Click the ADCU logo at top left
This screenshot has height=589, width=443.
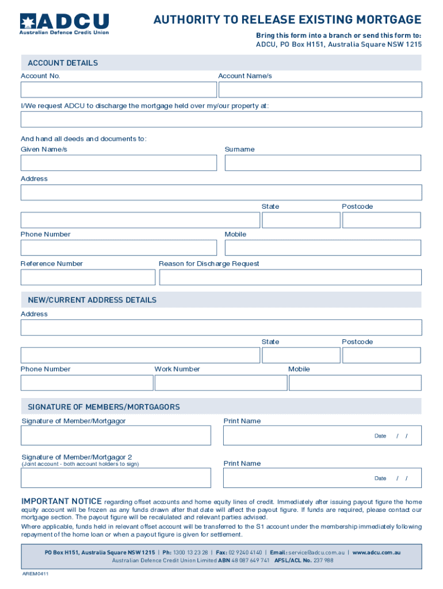[64, 23]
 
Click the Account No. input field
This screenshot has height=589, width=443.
[119, 90]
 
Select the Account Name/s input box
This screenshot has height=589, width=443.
[320, 90]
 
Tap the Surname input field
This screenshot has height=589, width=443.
[323, 163]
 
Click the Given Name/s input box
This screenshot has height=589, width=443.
[119, 163]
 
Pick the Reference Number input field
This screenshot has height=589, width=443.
[88, 277]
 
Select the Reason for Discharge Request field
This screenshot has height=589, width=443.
[290, 277]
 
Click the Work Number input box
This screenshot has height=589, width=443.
[221, 383]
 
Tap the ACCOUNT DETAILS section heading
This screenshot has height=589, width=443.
[63, 63]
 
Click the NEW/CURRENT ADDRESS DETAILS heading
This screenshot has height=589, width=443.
[92, 300]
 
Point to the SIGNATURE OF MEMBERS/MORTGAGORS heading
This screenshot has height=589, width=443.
[104, 407]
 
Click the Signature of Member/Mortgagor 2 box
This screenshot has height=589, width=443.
[116, 477]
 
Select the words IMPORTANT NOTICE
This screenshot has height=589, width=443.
[62, 501]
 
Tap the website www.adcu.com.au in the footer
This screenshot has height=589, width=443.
[376, 553]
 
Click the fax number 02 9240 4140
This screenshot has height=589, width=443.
[245, 553]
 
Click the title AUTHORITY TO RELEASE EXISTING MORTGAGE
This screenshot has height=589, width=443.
[287, 20]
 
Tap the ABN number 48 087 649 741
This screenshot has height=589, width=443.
[251, 560]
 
